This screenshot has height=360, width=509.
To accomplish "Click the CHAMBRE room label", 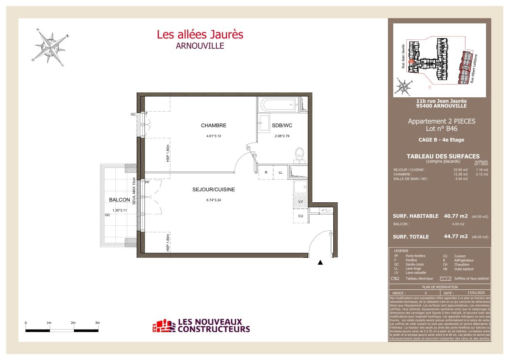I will coord(213,126).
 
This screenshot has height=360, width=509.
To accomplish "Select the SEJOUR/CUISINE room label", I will coord(213,190).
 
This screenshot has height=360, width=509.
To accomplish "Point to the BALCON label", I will coord(119,200).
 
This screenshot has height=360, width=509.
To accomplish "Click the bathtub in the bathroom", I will coord(278,105).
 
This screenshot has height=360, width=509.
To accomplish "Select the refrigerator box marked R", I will coord(266,172).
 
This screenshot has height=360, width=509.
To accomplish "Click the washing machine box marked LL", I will coord(281,172).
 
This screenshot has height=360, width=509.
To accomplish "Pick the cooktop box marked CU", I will coord(300,216).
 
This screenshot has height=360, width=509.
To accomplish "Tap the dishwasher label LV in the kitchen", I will coord(300,202).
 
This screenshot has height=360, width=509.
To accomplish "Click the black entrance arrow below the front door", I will coord(320,263).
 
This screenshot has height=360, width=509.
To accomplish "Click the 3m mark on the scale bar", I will coord(97,323).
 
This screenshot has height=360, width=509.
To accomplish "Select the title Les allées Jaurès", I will coord(200,34).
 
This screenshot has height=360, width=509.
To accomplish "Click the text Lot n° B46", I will coord(441,128).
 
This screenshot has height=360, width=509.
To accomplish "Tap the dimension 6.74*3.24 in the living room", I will coord(213,200).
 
